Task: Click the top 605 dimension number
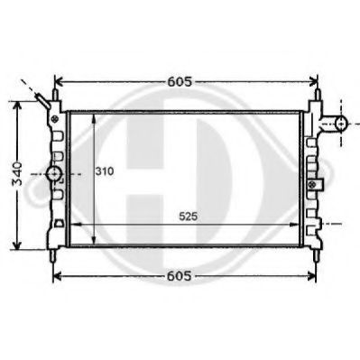pyautogui.click(x=180, y=81)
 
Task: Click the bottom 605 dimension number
pyautogui.click(x=180, y=275)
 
